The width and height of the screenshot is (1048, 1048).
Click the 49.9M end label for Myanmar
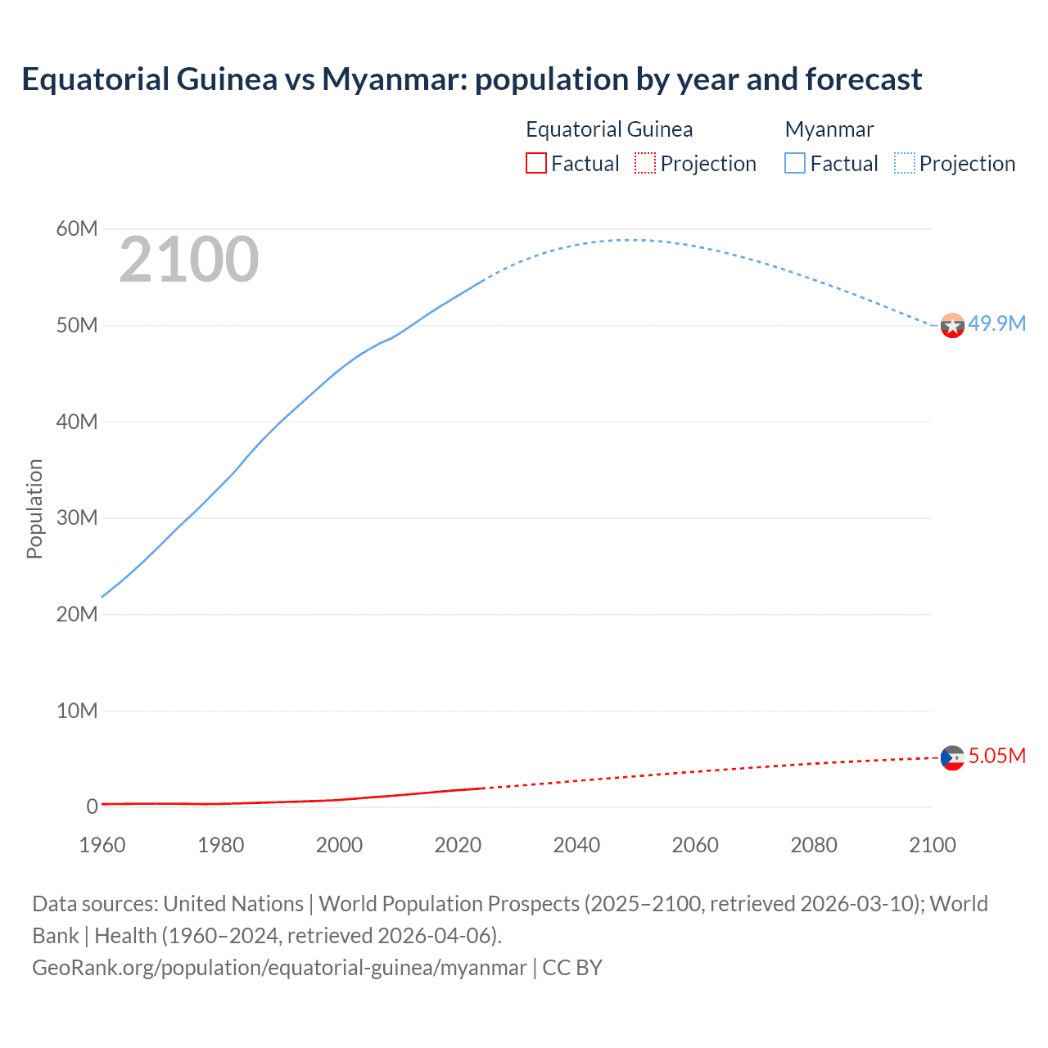996,323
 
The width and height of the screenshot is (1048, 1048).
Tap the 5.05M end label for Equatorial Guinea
996,756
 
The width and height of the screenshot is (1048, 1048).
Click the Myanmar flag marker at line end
952,326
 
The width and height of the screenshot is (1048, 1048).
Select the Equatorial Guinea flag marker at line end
952,758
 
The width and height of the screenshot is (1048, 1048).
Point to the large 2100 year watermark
189,260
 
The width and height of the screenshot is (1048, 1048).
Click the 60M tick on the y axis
77,228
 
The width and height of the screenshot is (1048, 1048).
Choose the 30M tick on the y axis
77,517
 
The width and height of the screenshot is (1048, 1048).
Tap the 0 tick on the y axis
92,806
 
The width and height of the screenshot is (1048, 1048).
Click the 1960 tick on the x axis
102,845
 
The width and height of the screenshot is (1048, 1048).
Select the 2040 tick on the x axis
576,845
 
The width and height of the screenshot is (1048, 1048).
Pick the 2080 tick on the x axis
814,845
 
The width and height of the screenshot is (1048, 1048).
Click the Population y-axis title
34,508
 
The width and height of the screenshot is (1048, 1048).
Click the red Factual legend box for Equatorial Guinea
536,164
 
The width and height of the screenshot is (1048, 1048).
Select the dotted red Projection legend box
645,164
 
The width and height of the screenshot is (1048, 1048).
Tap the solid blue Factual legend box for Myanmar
795,164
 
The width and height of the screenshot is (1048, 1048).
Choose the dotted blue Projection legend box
905,164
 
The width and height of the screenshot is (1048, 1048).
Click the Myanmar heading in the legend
829,129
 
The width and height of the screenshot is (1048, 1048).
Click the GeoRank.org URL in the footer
279,968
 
